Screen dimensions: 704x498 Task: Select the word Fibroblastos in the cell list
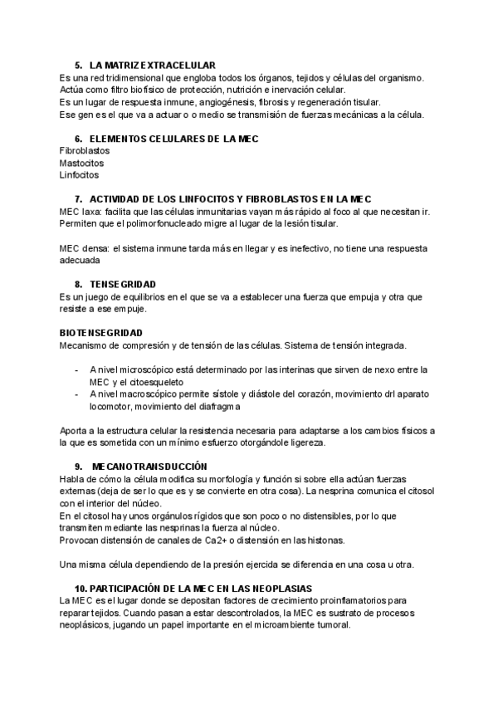click(85, 151)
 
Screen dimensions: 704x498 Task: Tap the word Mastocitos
click(81, 164)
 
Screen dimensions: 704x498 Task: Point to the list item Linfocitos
click(79, 175)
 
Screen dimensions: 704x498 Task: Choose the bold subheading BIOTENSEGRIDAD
click(108, 332)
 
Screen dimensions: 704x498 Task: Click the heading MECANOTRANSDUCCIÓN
click(149, 467)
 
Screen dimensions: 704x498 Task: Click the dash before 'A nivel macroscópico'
click(76, 394)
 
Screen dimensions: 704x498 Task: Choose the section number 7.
click(77, 199)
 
